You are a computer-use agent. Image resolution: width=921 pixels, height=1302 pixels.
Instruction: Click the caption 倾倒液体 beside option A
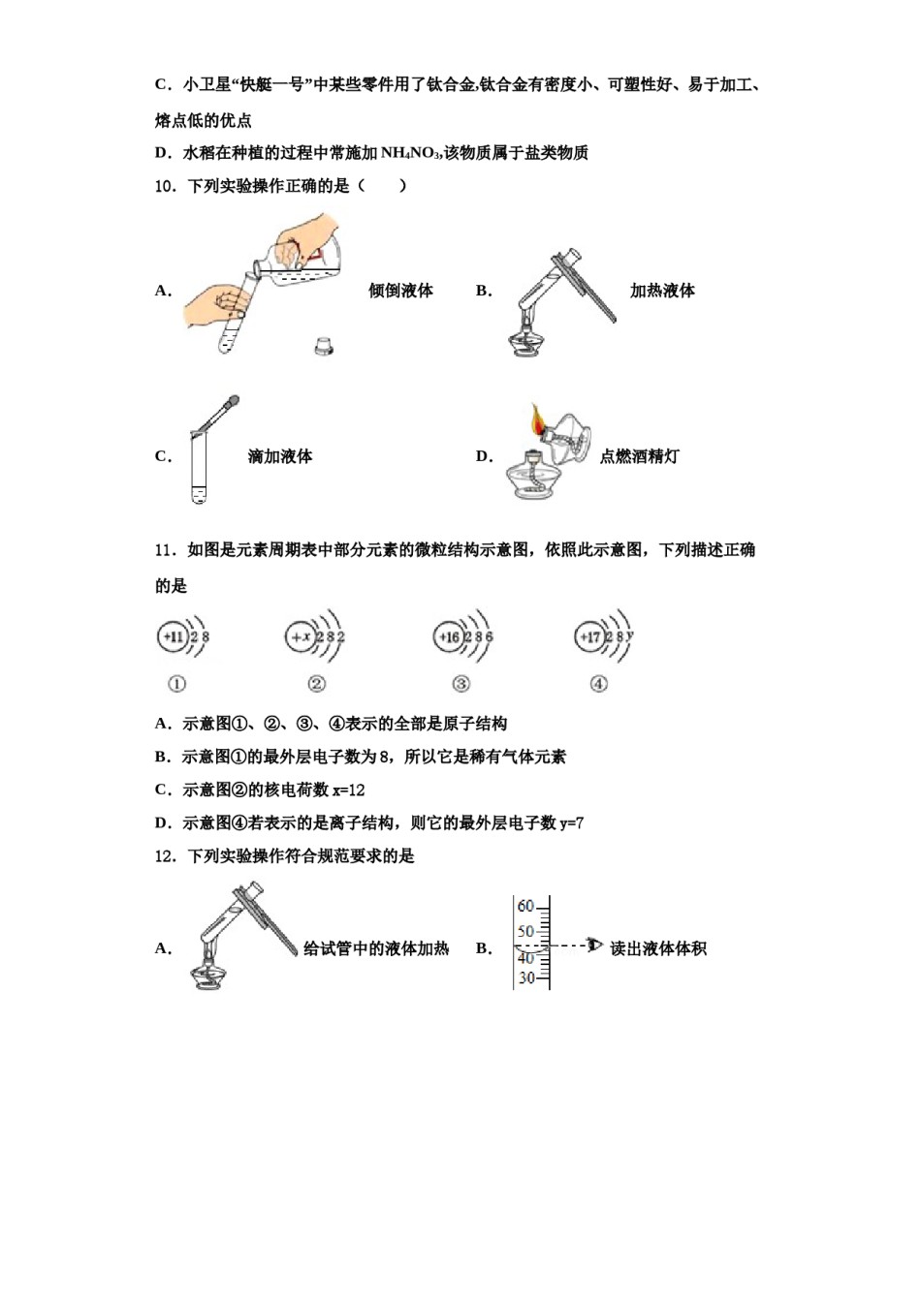pyautogui.click(x=400, y=291)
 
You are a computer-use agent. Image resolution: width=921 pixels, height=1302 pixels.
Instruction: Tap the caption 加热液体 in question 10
pyautogui.click(x=662, y=291)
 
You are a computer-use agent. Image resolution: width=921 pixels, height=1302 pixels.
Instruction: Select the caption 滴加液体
pyautogui.click(x=280, y=456)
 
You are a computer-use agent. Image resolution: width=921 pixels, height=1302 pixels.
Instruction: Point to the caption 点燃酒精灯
pyautogui.click(x=639, y=456)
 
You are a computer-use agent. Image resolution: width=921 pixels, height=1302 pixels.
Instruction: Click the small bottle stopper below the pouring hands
pyautogui.click(x=324, y=345)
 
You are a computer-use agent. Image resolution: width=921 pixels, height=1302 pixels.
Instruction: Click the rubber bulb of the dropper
pyautogui.click(x=231, y=401)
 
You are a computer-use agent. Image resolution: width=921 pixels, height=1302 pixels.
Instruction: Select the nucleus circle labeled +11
pyautogui.click(x=173, y=636)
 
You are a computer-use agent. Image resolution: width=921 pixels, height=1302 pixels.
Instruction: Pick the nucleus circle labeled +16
pyautogui.click(x=449, y=636)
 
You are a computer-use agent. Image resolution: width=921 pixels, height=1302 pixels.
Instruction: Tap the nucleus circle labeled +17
pyautogui.click(x=589, y=636)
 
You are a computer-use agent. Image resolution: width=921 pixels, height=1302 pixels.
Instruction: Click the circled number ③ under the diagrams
pyautogui.click(x=460, y=684)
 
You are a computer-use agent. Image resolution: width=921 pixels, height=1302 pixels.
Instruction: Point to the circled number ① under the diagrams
pyautogui.click(x=176, y=684)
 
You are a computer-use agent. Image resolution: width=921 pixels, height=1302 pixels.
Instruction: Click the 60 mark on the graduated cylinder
pyautogui.click(x=525, y=907)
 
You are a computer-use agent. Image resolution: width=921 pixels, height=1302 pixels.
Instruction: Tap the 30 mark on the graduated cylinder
pyautogui.click(x=525, y=978)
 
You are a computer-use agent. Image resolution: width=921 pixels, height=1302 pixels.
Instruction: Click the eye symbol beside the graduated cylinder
pyautogui.click(x=594, y=945)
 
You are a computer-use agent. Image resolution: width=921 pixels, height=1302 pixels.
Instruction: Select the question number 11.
pyautogui.click(x=164, y=550)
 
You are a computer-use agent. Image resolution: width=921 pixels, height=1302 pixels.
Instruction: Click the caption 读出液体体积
pyautogui.click(x=658, y=948)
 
